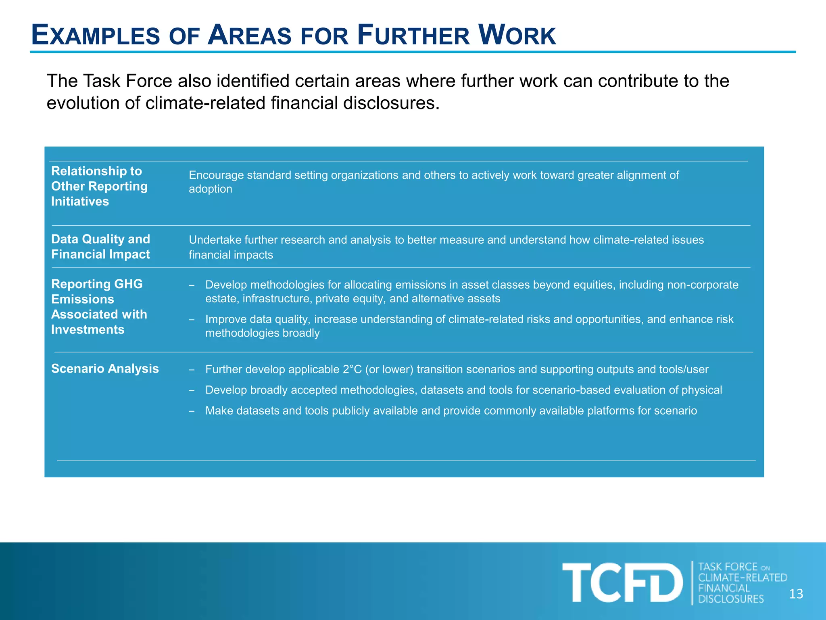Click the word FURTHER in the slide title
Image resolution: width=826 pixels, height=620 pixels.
pyautogui.click(x=413, y=36)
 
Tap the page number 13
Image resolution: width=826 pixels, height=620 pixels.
pyautogui.click(x=796, y=594)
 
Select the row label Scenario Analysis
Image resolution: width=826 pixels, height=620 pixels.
pyautogui.click(x=105, y=369)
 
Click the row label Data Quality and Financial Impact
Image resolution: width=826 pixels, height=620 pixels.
pyautogui.click(x=100, y=247)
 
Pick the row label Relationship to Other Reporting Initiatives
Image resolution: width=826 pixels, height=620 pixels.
pyautogui.click(x=99, y=186)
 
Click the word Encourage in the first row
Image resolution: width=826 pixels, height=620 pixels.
pyautogui.click(x=216, y=175)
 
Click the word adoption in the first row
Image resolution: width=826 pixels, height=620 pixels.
pyautogui.click(x=210, y=189)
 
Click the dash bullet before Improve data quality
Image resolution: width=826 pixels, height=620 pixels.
pyautogui.click(x=192, y=320)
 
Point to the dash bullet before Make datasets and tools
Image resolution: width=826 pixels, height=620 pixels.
pyautogui.click(x=192, y=411)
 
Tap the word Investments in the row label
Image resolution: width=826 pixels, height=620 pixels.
pyautogui.click(x=88, y=329)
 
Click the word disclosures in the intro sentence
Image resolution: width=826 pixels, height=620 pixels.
pyautogui.click(x=391, y=103)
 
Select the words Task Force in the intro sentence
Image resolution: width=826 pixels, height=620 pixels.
pyautogui.click(x=127, y=81)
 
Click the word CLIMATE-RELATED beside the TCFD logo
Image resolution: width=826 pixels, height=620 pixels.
pyautogui.click(x=743, y=578)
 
